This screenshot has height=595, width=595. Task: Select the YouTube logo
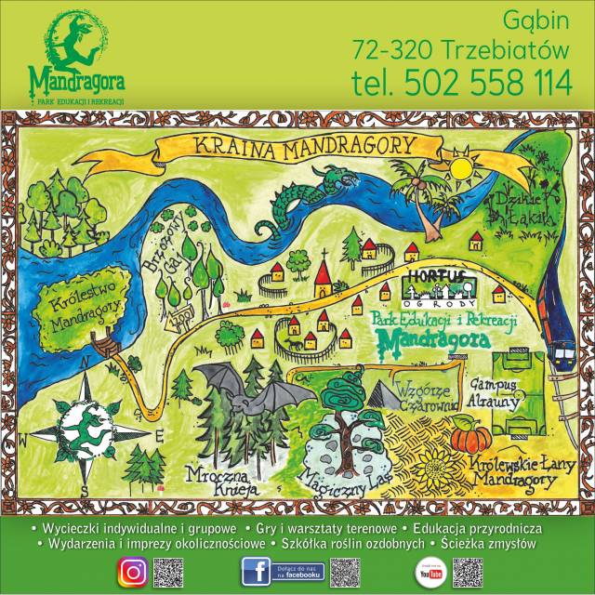coord(430,574)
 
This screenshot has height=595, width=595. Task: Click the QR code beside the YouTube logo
coord(470,572)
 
